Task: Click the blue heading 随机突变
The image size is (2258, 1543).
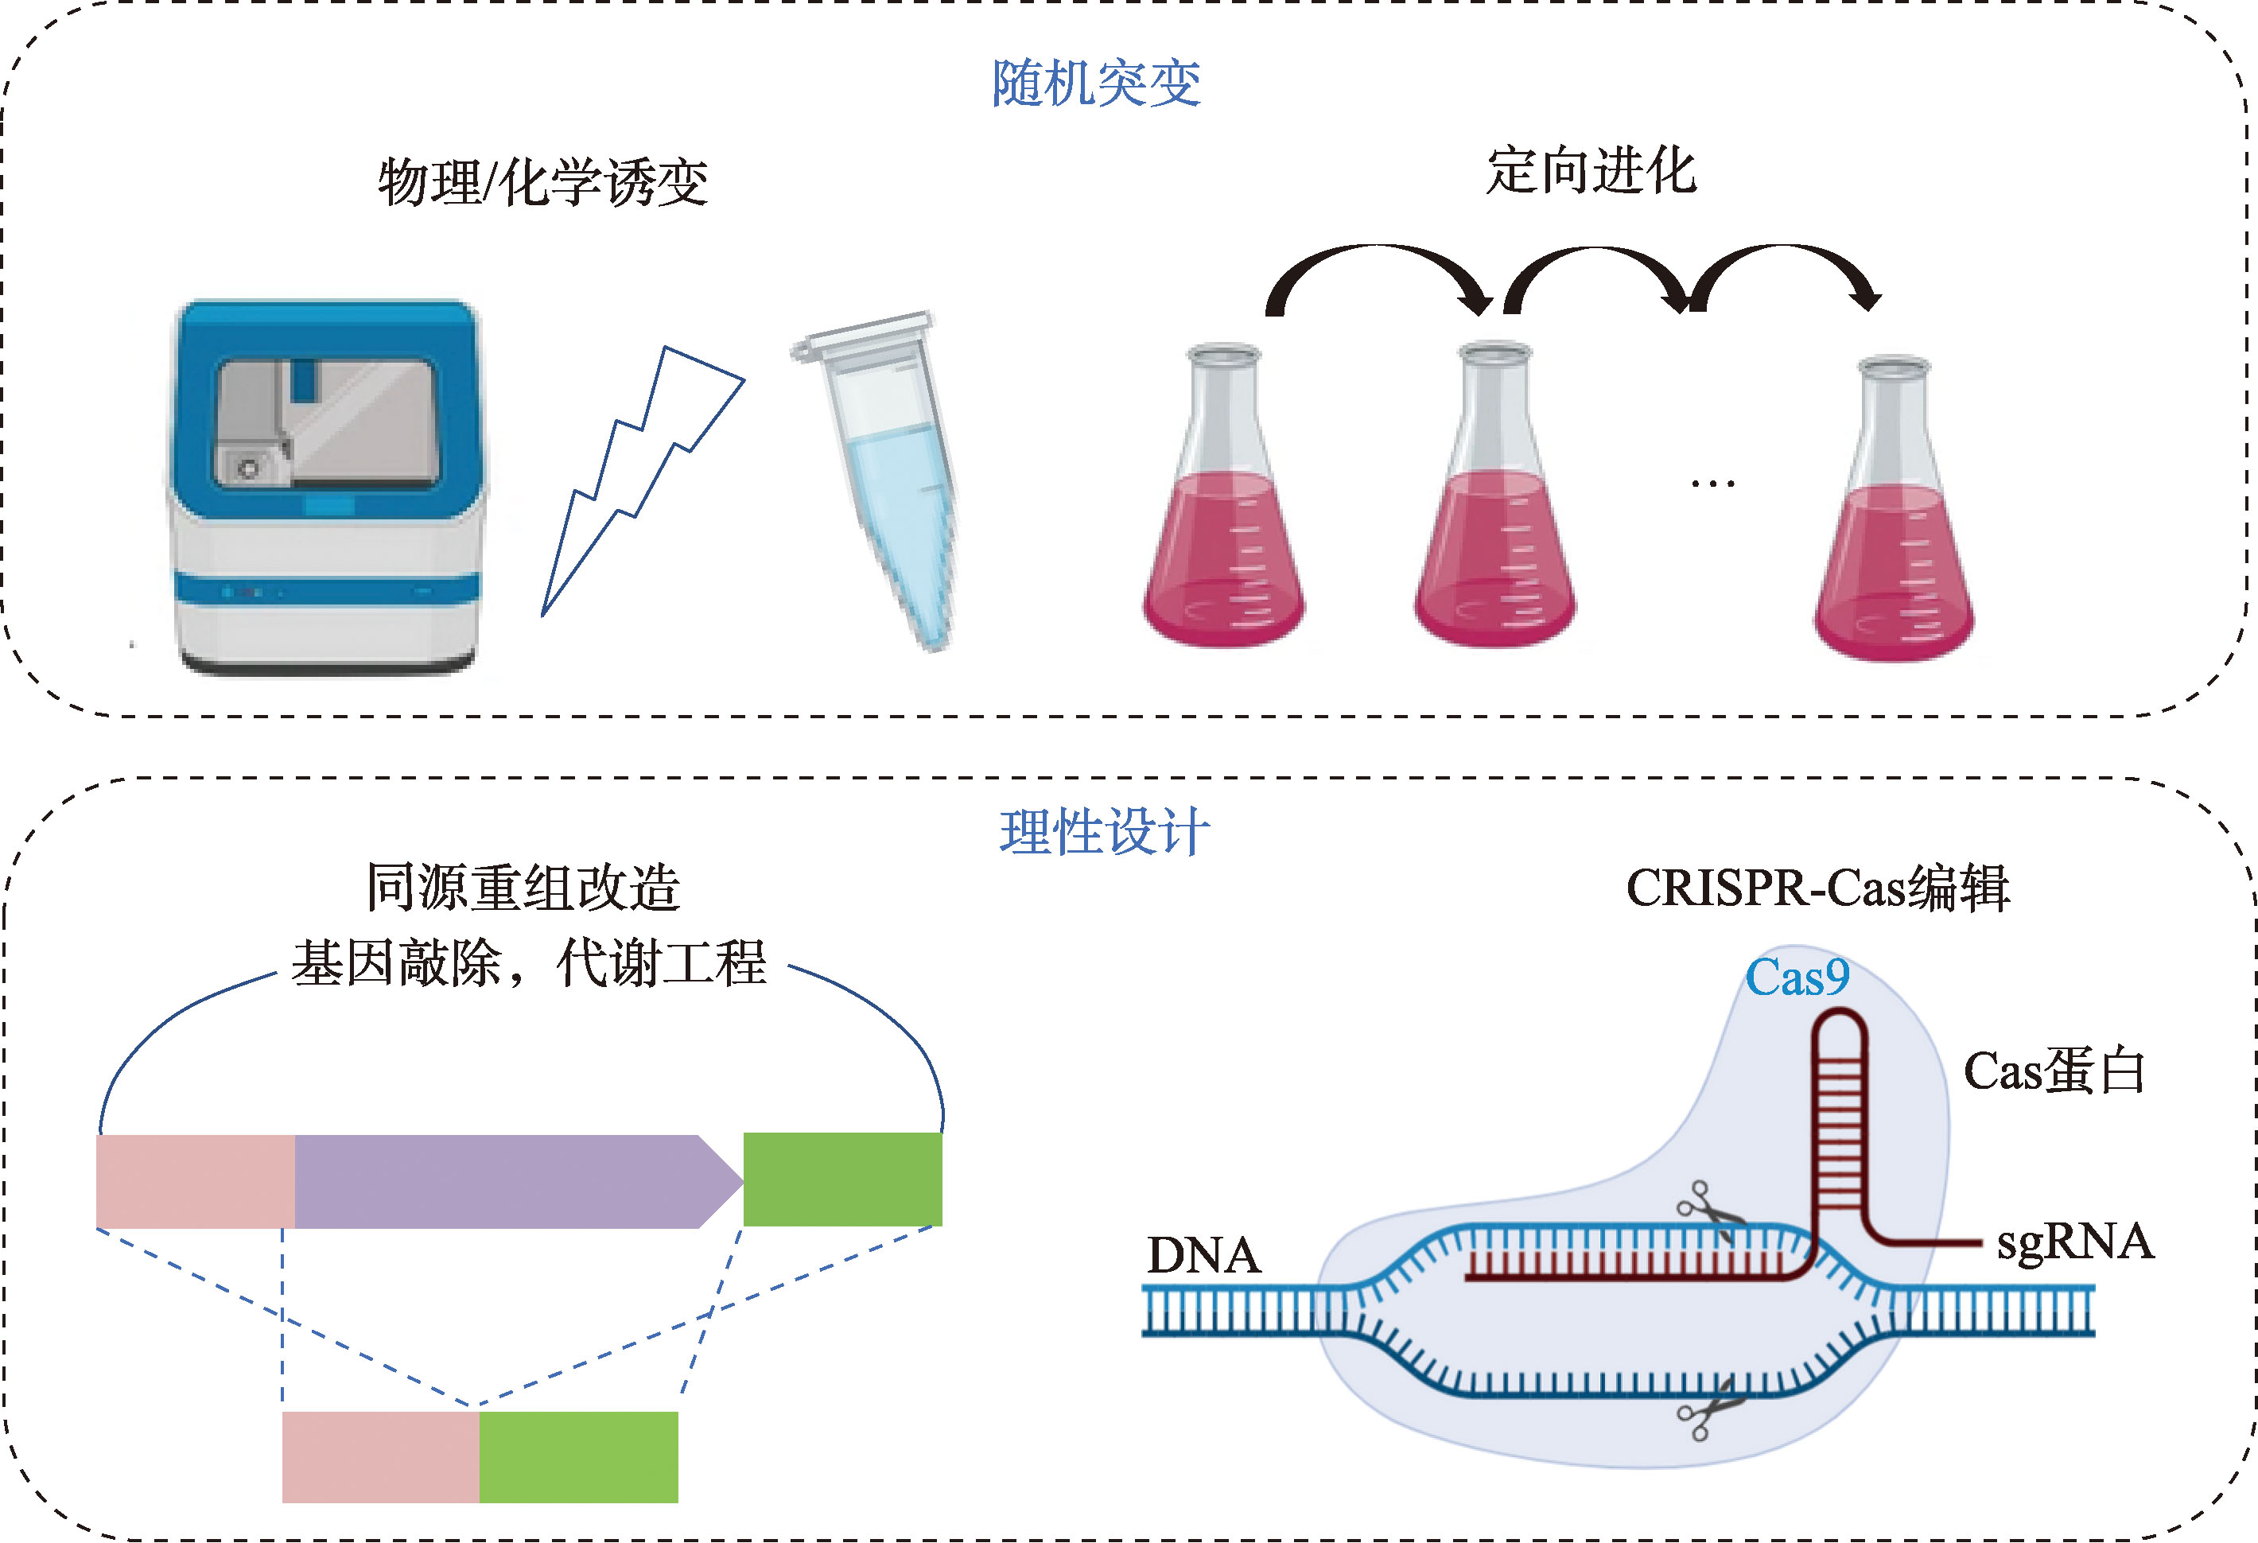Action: click(x=1096, y=83)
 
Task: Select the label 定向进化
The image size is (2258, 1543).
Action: click(x=1591, y=171)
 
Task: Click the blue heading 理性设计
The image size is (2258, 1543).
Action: click(x=1105, y=832)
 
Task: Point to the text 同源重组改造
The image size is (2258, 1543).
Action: click(x=523, y=887)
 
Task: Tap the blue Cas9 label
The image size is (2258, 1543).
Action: click(x=1797, y=977)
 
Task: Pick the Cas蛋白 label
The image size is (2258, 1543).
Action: click(x=2054, y=1071)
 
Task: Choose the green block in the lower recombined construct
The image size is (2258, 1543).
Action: click(x=578, y=1457)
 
